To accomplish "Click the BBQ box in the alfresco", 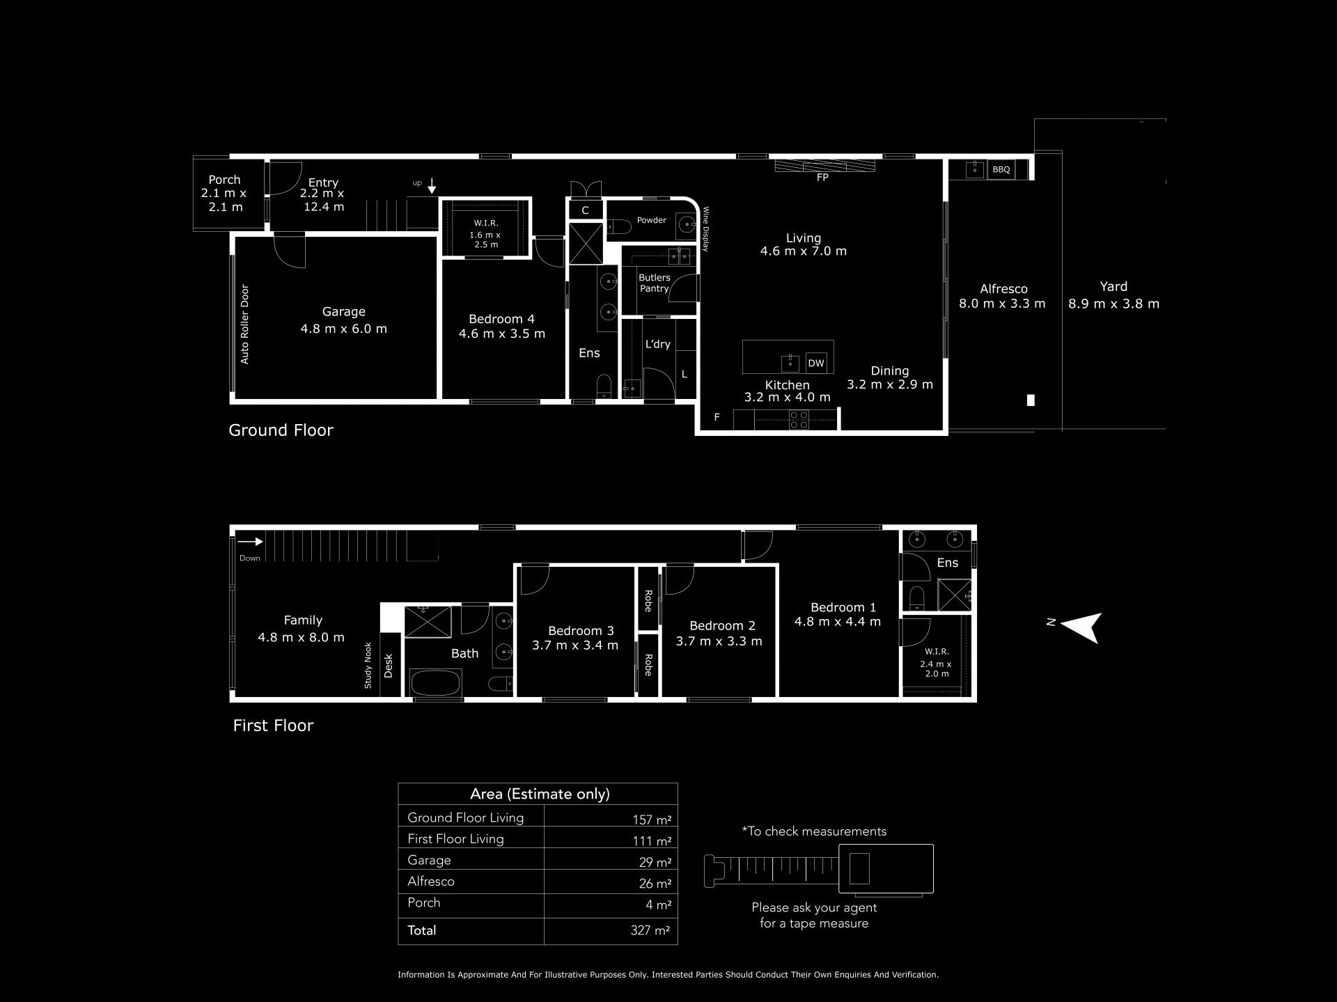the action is (1001, 169).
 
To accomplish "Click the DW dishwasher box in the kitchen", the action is (816, 363).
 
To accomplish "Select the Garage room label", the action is (343, 312).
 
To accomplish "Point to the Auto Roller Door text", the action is (244, 324).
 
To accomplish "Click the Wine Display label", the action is (705, 229).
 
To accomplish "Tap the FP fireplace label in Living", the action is (822, 178).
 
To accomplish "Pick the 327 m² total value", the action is (650, 930).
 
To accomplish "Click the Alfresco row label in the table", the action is (431, 882).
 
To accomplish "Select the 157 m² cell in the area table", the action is (652, 820).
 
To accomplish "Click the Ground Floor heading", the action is (281, 430).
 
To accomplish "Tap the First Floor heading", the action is (273, 726).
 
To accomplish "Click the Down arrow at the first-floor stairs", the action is (249, 542).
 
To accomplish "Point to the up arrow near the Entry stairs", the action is (432, 185).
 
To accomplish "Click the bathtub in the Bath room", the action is (436, 682).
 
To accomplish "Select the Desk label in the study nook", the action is (389, 666).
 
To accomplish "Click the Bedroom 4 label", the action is (501, 319).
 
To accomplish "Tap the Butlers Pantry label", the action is (655, 283).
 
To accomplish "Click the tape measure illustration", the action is (818, 869).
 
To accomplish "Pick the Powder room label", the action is (652, 220).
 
